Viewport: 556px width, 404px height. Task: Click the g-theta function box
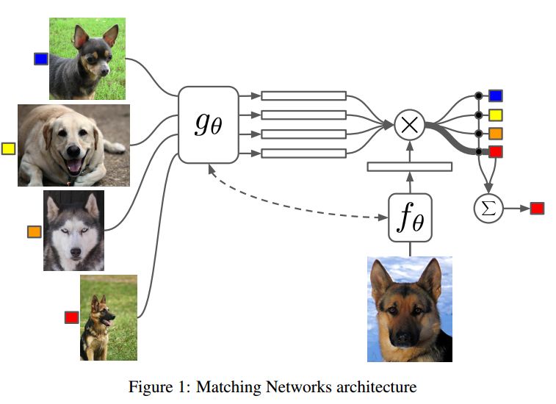coord(208,125)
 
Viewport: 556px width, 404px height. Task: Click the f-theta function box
coord(411,217)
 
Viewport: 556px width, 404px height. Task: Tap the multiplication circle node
coord(410,125)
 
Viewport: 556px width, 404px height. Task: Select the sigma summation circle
coord(488,209)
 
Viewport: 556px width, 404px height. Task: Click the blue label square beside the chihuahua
coord(41,59)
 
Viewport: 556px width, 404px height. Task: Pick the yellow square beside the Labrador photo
coord(8,148)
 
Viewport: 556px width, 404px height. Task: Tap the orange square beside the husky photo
coord(34,232)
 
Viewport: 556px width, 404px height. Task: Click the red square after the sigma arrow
coord(537,208)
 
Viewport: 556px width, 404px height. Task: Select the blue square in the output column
coord(495,95)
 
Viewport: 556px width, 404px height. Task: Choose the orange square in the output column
coord(495,134)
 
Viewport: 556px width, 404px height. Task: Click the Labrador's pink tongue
coord(74,166)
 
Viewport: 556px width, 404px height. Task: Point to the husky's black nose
coord(76,252)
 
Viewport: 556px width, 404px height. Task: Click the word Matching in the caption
coord(228,386)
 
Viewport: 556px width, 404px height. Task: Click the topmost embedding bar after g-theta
coord(303,95)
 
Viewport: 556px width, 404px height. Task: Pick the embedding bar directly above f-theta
coord(410,167)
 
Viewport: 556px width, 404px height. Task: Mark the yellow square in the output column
coord(495,115)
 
